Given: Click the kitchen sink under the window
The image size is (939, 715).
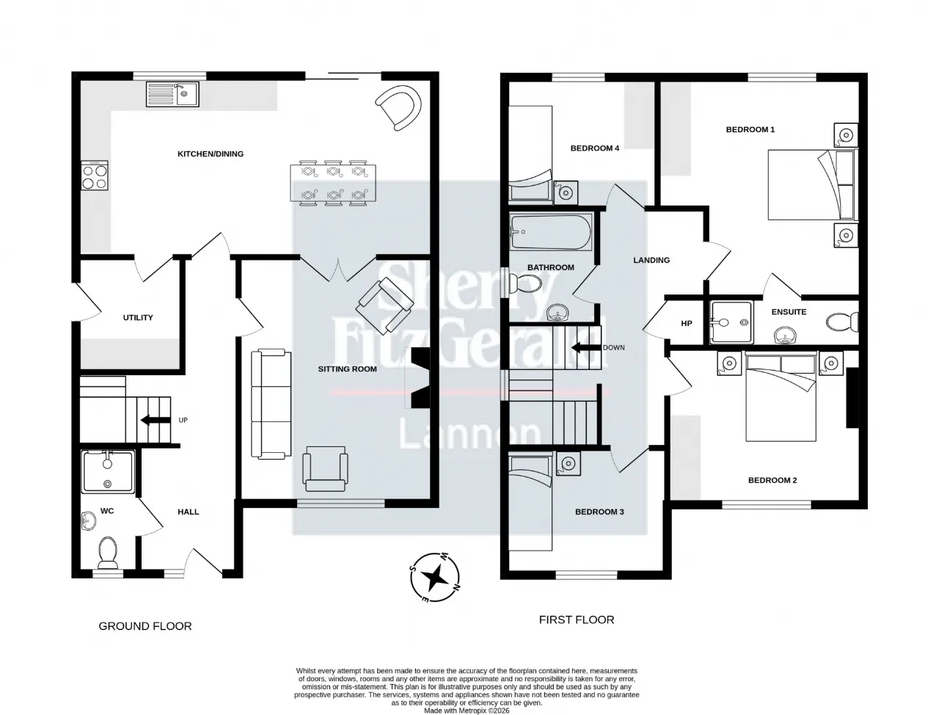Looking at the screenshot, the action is [172, 94].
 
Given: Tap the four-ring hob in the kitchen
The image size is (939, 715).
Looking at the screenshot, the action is [95, 175].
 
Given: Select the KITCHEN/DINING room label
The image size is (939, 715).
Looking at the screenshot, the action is [210, 153].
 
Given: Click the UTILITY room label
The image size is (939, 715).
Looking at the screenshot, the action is [137, 317].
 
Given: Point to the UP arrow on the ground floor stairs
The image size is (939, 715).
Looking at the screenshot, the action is [155, 420].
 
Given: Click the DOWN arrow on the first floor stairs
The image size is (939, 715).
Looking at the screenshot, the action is [585, 347].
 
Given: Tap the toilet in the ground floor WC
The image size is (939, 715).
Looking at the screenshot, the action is [108, 552].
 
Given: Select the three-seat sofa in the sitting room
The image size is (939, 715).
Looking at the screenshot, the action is [271, 404].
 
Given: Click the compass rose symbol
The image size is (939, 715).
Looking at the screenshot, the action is [434, 576].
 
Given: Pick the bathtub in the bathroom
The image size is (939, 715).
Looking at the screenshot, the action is [551, 231].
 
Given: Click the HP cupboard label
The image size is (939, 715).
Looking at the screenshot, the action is [686, 323].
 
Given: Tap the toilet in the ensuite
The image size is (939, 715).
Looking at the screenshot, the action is [841, 322].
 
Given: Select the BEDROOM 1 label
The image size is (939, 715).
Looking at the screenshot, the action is [750, 129].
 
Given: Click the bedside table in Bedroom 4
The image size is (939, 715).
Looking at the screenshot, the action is [565, 192].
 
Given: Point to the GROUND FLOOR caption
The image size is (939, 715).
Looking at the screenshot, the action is [145, 626].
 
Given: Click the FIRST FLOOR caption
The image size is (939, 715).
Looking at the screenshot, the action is [576, 620].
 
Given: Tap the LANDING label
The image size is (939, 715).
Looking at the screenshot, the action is [651, 260].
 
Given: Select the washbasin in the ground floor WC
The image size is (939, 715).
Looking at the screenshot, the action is [88, 520].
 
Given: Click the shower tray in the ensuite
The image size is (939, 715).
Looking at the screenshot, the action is [731, 322].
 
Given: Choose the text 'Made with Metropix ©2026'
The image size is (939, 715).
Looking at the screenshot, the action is [467, 711].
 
